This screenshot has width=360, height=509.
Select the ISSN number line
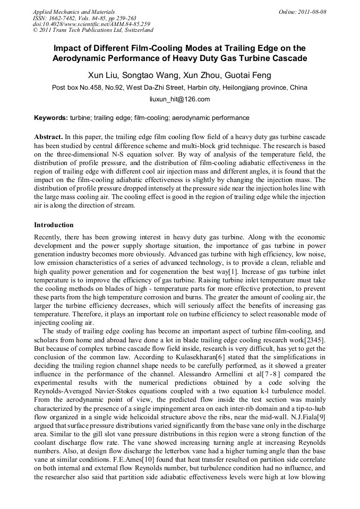(84, 18)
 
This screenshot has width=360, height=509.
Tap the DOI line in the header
(91, 24)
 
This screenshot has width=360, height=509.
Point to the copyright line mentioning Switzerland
(93, 30)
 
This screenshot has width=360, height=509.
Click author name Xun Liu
(104, 75)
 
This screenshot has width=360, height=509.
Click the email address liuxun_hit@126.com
(179, 99)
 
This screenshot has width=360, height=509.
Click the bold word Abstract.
(48, 136)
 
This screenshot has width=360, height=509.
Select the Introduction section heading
(54, 225)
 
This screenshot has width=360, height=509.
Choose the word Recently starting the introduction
(48, 237)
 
